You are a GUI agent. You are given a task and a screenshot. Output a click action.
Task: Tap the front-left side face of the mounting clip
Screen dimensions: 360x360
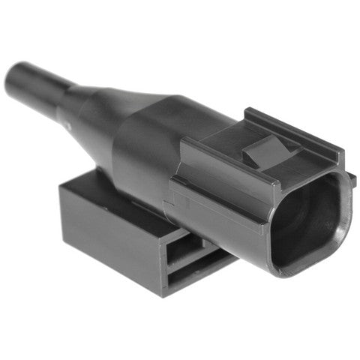(112, 240)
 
